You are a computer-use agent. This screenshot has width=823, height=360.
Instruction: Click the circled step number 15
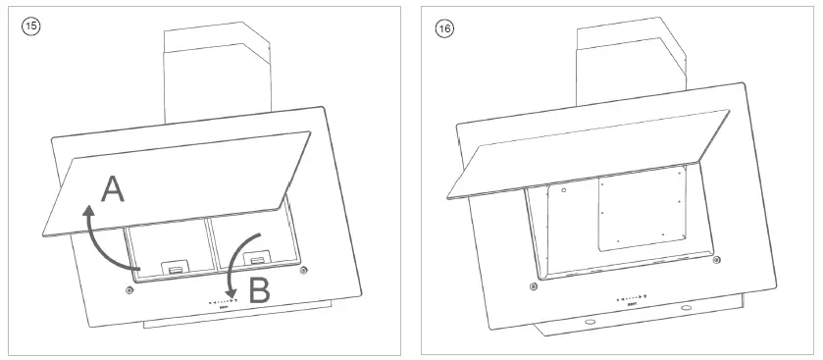pos(31,26)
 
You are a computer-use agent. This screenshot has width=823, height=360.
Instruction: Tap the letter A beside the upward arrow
pos(114,188)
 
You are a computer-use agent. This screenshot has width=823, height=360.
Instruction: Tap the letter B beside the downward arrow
pos(259,291)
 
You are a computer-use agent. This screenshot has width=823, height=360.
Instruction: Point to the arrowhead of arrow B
pos(231,295)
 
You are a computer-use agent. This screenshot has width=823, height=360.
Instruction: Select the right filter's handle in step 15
pos(258,260)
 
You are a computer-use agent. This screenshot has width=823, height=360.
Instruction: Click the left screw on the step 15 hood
pos(129,290)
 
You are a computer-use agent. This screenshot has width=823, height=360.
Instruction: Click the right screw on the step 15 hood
pos(305,270)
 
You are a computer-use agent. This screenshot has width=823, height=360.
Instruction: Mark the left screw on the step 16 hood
pos(532,286)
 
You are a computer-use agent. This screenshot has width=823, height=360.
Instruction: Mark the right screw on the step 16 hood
pos(718,260)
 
